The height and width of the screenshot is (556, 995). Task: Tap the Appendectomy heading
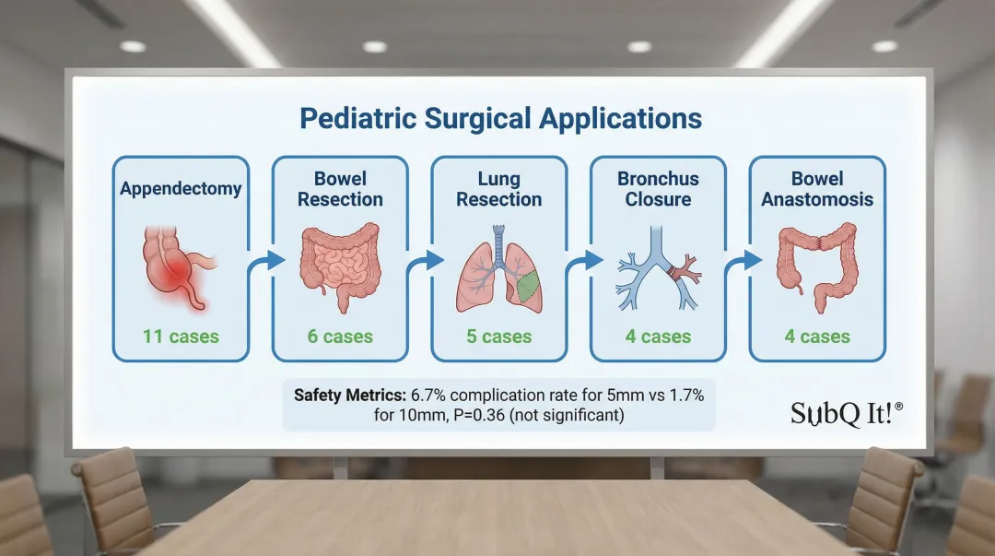click(181, 189)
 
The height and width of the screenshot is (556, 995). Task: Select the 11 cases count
click(181, 337)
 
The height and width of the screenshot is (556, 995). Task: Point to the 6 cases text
click(340, 337)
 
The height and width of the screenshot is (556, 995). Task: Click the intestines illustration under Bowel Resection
click(340, 266)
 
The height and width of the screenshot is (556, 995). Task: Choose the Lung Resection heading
click(498, 189)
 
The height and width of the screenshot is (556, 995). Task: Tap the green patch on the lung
click(527, 285)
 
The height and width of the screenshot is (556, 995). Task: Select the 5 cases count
click(498, 337)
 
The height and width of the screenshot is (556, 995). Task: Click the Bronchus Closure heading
click(658, 189)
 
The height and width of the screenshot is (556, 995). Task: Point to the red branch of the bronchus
click(685, 272)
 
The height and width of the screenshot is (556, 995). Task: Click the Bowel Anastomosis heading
click(817, 189)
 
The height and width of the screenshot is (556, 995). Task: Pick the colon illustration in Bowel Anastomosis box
click(818, 266)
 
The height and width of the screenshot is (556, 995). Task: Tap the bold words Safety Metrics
click(350, 396)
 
